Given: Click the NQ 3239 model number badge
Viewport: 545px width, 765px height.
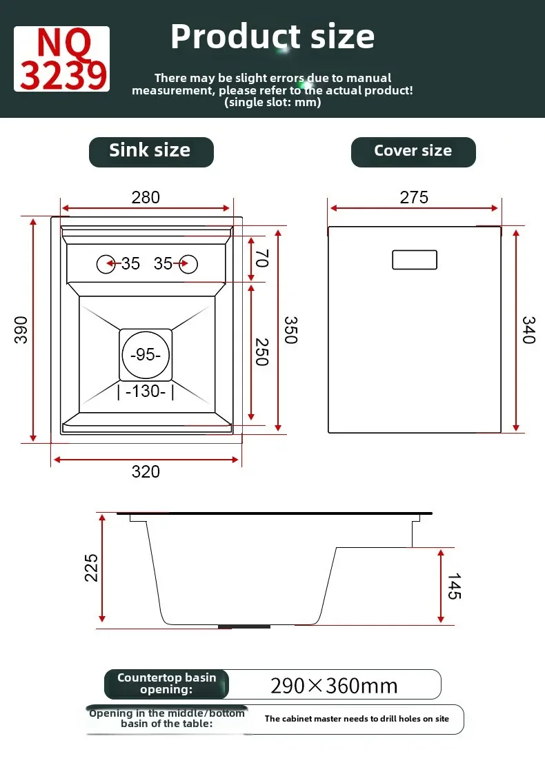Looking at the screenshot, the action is point(61,59).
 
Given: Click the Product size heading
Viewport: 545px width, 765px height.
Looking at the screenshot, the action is point(272,37).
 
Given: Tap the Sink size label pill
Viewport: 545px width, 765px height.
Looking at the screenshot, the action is point(151,152).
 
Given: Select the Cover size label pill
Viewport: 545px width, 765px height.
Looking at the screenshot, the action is point(413,152).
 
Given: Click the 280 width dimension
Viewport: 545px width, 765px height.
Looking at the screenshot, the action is point(146,197).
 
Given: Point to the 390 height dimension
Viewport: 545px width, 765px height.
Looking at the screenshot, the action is point(21,330).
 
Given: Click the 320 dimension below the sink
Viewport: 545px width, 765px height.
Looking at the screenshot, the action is point(146,471).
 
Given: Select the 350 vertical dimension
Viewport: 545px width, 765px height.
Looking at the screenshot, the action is point(290,330).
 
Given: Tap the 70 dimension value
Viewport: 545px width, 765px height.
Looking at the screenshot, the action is point(262,258).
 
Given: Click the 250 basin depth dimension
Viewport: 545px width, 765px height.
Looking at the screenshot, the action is point(262,351).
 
